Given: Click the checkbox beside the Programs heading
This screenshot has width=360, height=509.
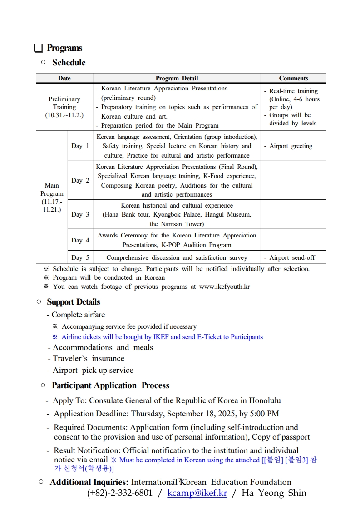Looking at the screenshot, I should pos(39,48).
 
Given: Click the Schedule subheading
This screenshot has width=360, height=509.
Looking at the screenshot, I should pos(69,63).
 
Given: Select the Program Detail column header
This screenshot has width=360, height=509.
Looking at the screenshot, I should pos(177,78).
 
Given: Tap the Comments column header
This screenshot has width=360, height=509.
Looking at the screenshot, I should pos(293,78).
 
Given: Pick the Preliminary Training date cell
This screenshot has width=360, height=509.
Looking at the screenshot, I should pos(64,107).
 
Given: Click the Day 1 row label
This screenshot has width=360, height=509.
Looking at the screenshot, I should pos(80,146).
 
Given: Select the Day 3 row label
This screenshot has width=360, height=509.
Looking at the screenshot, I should pos(80,214).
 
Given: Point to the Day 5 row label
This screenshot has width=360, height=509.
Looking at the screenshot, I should pos(80,257).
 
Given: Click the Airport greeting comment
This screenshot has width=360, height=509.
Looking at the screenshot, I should pos(291,146).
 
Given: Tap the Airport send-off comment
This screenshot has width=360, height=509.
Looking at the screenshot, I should pos(292,257).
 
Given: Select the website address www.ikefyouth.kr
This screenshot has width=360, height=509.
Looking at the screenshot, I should pos(224,287).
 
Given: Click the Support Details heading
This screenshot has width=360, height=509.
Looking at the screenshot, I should pos(73,302).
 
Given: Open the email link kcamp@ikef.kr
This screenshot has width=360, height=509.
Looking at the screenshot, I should pos(197,493).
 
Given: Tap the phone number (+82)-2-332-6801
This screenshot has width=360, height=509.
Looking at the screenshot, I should pos(120,493).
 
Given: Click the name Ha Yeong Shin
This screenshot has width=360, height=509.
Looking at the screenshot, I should pos(274,493).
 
